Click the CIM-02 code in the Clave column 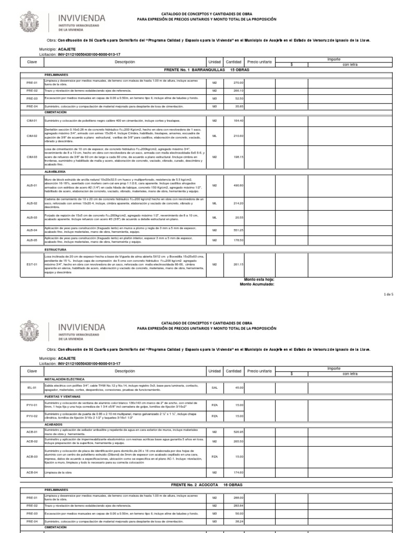32,136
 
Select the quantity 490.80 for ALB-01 238,185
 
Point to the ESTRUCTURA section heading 55,250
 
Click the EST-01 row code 32,264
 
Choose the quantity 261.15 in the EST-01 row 238,264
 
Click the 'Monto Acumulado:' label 256,284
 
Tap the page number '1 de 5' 390,295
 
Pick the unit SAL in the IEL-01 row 214,388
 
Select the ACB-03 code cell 32,456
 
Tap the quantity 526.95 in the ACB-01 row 238,432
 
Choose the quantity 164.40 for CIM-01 238,120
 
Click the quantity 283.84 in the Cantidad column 238,505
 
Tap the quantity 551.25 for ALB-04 238,230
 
